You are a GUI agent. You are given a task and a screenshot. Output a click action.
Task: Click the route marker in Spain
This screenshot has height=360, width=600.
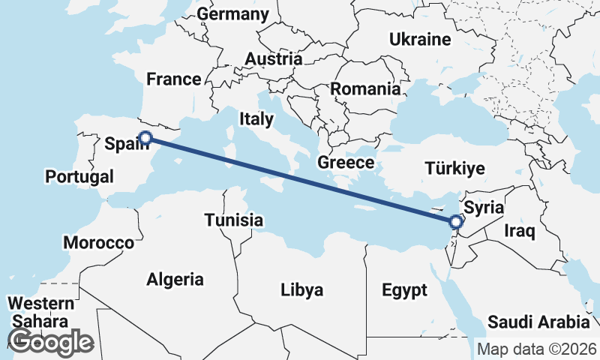click(x=146, y=137)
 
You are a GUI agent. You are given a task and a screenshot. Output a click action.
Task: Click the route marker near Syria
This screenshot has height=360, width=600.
click(x=455, y=221)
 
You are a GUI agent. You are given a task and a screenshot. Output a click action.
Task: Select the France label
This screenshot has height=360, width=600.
click(x=173, y=79)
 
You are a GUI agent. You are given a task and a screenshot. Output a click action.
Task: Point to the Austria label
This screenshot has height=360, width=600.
click(x=274, y=58)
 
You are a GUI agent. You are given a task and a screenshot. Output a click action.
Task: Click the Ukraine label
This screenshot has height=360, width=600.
click(x=419, y=39)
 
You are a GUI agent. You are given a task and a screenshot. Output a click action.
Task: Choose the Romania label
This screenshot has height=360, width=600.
click(x=365, y=88)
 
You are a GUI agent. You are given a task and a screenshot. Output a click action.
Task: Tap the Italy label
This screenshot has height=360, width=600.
click(x=256, y=118)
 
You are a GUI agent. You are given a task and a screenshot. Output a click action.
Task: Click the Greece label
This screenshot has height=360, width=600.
click(x=346, y=162)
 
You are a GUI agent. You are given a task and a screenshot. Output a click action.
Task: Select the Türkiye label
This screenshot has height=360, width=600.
click(x=454, y=168)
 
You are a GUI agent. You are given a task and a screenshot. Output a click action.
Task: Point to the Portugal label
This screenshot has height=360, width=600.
click(x=79, y=177)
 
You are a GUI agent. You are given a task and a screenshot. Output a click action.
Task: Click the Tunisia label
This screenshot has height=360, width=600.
click(x=234, y=220)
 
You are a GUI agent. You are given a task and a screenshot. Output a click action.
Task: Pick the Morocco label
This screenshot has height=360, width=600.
click(x=98, y=243)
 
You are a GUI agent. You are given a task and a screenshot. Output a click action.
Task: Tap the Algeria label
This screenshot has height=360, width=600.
click(x=175, y=280)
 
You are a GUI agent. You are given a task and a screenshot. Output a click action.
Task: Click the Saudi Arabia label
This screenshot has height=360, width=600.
click(x=538, y=322)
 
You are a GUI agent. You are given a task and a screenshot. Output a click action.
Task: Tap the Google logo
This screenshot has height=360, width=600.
click(x=50, y=342)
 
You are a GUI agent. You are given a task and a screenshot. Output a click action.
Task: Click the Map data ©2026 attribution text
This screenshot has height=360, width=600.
click(x=536, y=349)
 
